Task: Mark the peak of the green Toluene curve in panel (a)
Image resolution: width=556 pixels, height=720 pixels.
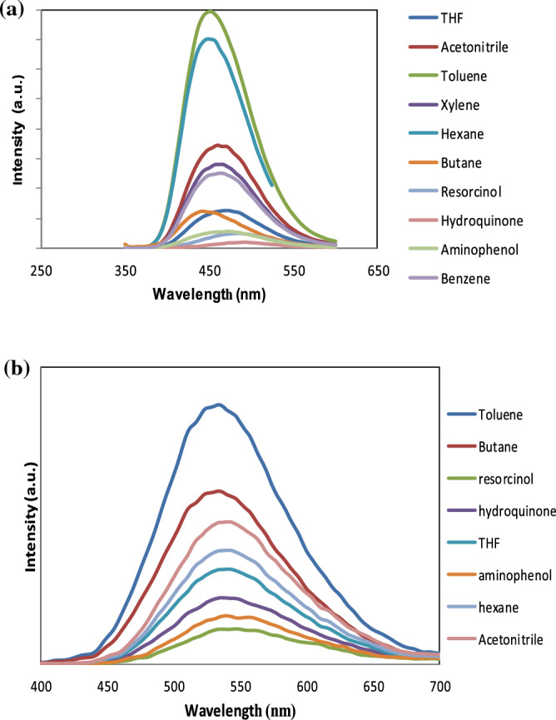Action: (x=210, y=11)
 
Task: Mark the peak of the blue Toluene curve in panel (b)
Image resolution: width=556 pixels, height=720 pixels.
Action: (x=219, y=405)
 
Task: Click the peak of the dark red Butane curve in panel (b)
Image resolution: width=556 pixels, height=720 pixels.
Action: (x=219, y=491)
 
